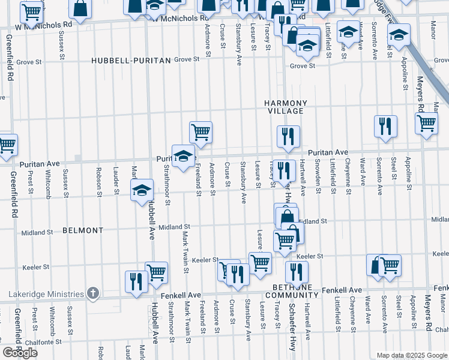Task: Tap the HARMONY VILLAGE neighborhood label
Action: click(286, 107)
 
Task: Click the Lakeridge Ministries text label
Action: click(45, 293)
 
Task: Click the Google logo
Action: click(20, 353)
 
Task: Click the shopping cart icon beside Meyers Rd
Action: click(426, 123)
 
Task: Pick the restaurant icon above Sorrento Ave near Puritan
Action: click(385, 126)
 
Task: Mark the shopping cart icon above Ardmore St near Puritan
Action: click(200, 132)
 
